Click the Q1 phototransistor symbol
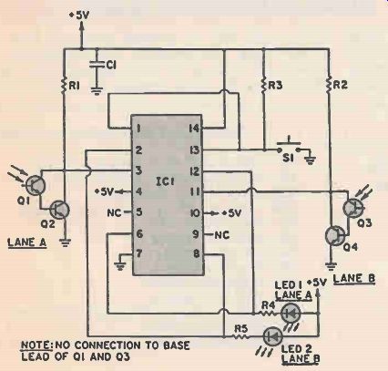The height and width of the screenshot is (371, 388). [35, 185]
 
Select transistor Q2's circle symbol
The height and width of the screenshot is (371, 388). [60, 210]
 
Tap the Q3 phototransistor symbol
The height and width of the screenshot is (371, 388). [353, 208]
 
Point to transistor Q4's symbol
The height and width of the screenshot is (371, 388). [335, 235]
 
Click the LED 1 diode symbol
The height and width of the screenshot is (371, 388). [291, 313]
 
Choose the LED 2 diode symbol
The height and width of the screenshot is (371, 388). [273, 336]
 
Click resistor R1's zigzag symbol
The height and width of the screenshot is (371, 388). [64, 86]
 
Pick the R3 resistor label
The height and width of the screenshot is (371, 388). [276, 86]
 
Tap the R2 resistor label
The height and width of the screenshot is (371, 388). [340, 85]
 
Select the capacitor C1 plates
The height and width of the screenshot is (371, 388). [97, 65]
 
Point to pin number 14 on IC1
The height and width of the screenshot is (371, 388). [194, 129]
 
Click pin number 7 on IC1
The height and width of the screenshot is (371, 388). [139, 253]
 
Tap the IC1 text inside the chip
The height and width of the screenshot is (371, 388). [164, 181]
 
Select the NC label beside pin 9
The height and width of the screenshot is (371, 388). [222, 235]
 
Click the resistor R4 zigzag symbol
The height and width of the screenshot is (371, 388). [268, 314]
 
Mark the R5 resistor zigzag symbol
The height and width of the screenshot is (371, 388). [241, 336]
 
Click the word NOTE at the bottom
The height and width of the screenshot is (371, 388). [36, 345]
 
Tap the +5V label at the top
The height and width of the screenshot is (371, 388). [79, 15]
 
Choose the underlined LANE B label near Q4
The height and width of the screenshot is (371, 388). [354, 278]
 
